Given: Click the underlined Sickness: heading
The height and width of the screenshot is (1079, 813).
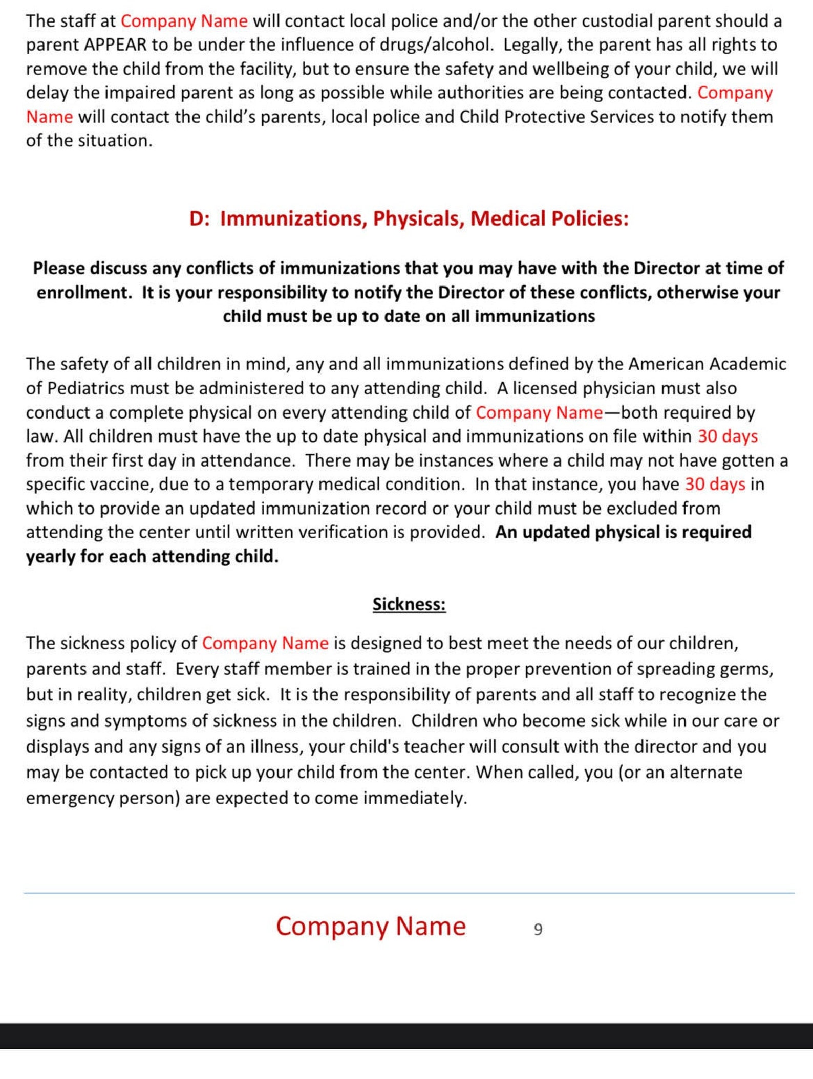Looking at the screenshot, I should [409, 604].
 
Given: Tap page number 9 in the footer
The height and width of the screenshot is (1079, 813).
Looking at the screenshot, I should [538, 929].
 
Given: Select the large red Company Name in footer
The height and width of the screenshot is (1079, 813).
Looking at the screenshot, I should [371, 927].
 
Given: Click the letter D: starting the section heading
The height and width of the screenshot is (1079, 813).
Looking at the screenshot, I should [199, 218].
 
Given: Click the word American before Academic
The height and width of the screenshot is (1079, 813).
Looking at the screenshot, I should [666, 364].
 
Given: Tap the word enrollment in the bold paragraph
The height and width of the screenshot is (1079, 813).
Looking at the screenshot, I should [84, 293].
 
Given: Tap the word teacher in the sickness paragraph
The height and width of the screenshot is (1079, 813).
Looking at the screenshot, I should [434, 746].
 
